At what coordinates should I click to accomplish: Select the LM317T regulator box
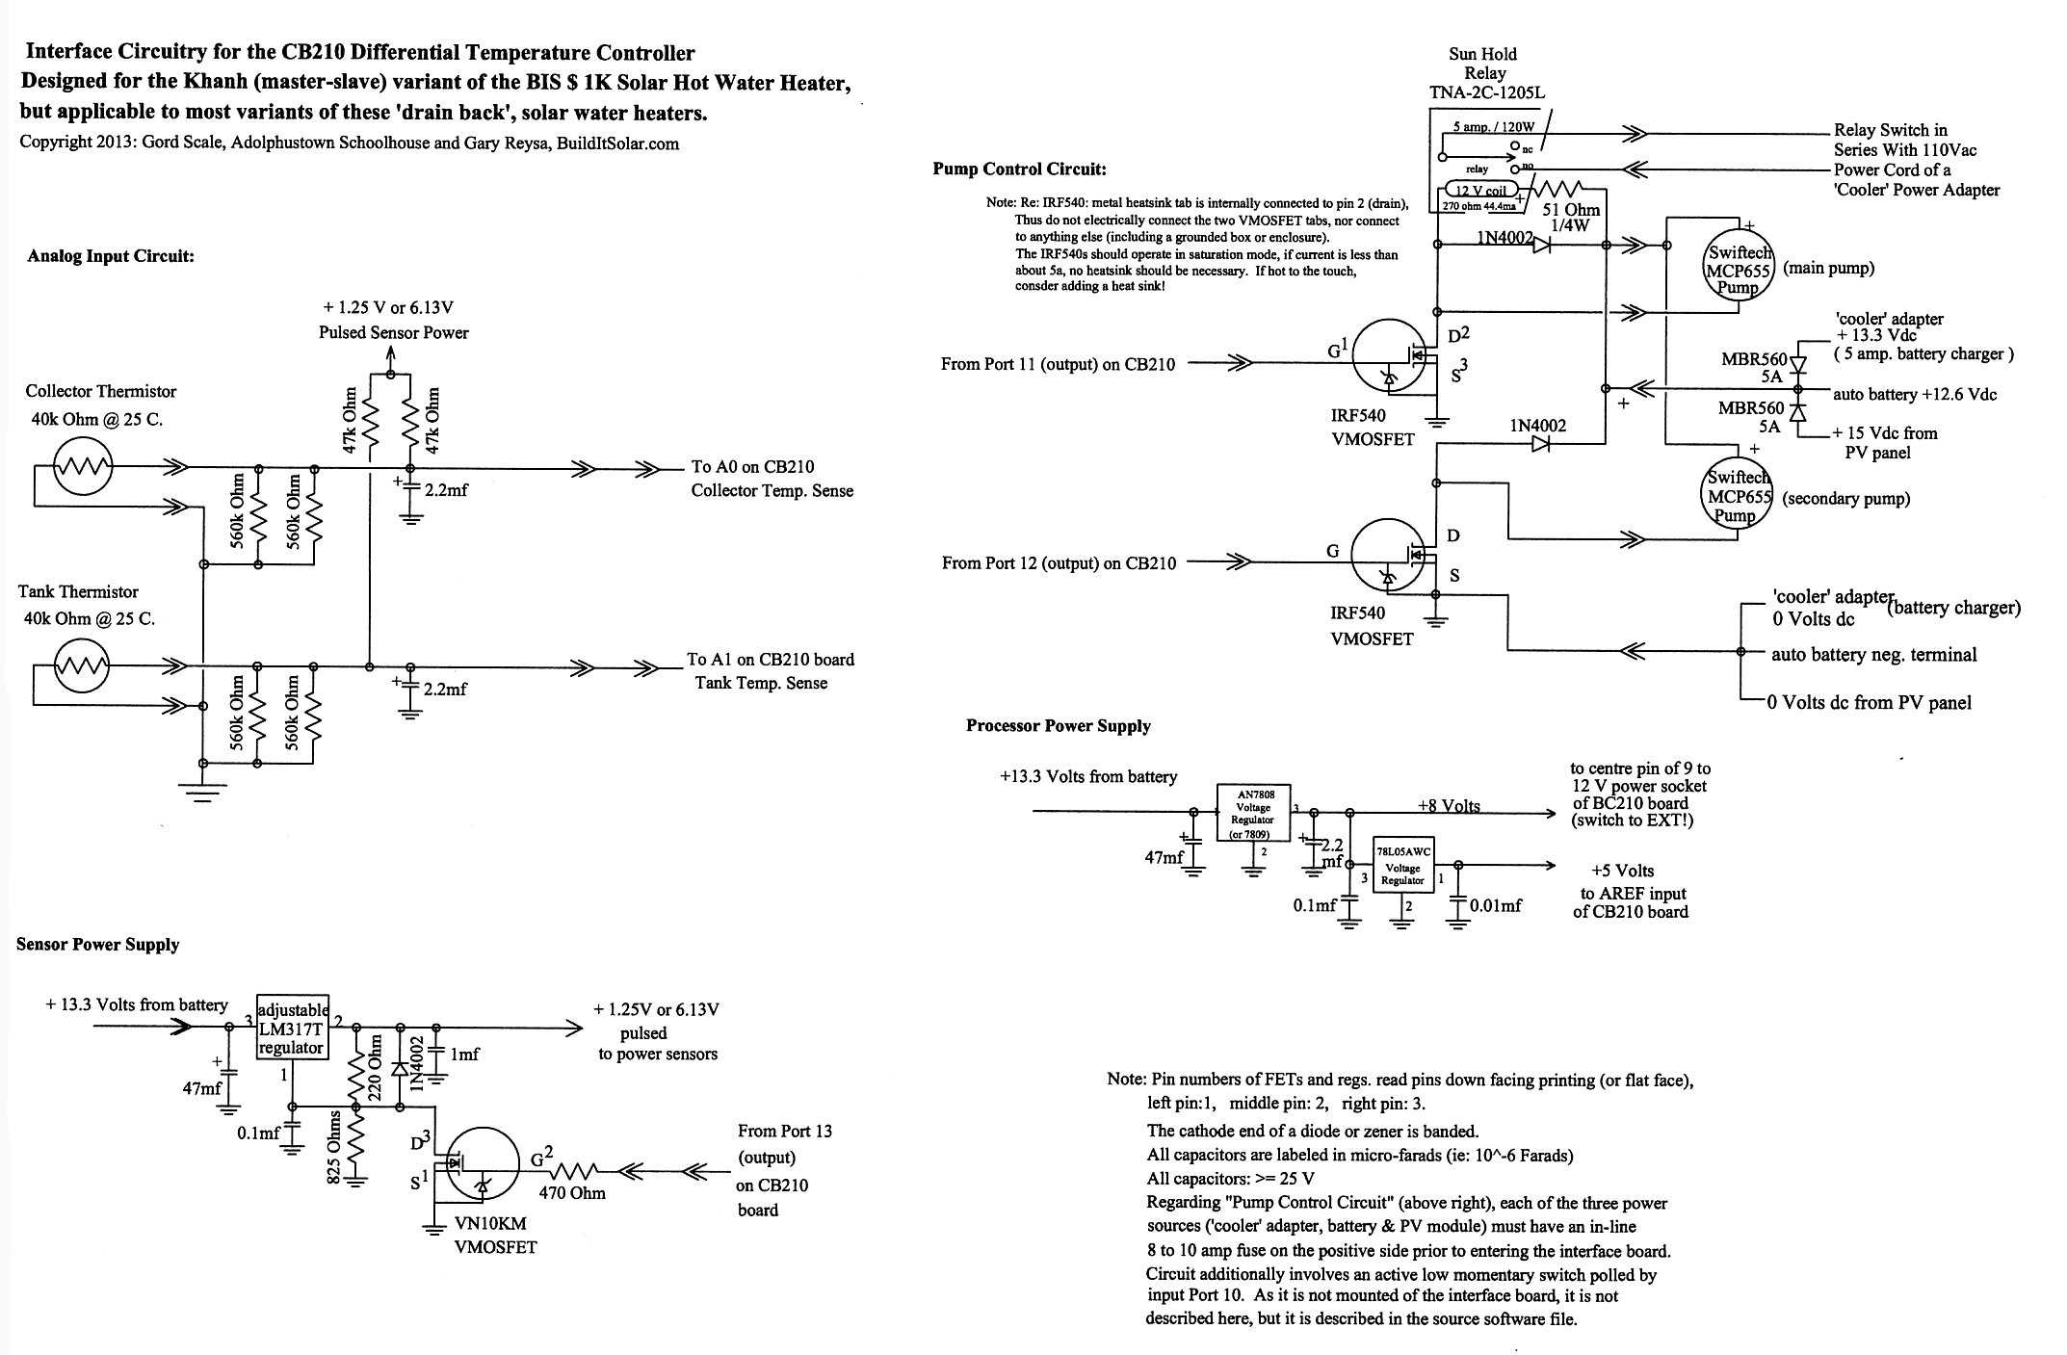pos(293,1027)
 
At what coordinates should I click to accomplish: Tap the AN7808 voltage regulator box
pos(1252,813)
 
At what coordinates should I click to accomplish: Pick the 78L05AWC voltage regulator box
pos(1404,865)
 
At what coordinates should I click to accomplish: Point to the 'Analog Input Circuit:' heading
pos(111,256)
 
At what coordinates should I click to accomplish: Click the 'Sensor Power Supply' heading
pos(98,945)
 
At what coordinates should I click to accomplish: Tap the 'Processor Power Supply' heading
pos(1059,726)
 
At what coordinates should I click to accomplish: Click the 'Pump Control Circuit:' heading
pos(1020,169)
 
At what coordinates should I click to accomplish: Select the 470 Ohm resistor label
pos(572,1193)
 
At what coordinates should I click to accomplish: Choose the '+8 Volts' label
pos(1449,806)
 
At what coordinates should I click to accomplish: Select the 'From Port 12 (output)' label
pos(1021,563)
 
